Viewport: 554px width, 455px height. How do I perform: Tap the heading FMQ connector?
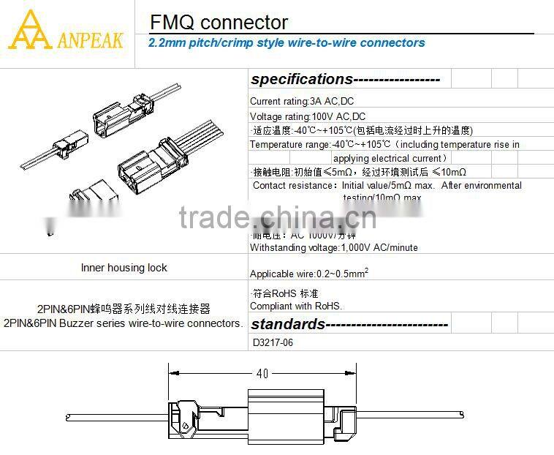coord(219,23)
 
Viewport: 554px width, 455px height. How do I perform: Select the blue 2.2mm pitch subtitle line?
coord(287,43)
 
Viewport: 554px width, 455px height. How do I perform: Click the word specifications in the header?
coord(301,79)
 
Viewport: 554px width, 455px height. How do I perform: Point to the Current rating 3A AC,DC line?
coord(302,102)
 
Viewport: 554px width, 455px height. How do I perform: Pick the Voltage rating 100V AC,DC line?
coord(308,116)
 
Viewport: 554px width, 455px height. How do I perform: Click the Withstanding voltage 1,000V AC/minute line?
coord(334,247)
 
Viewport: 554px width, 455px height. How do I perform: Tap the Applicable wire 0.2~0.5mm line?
coord(308,274)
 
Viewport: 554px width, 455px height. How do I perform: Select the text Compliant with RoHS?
coord(296,307)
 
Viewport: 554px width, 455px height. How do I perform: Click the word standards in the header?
coord(288,323)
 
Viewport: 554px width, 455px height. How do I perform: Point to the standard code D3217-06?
coord(273,342)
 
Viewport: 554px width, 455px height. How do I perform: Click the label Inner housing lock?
coord(124,268)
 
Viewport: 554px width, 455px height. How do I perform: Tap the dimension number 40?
coord(262,373)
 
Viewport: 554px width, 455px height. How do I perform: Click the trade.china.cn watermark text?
coord(278,217)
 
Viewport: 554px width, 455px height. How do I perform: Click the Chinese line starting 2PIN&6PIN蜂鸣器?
coord(124,309)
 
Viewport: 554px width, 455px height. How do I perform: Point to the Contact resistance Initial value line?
coord(387,186)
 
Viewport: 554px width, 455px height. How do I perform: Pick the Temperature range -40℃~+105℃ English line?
coord(384,145)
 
